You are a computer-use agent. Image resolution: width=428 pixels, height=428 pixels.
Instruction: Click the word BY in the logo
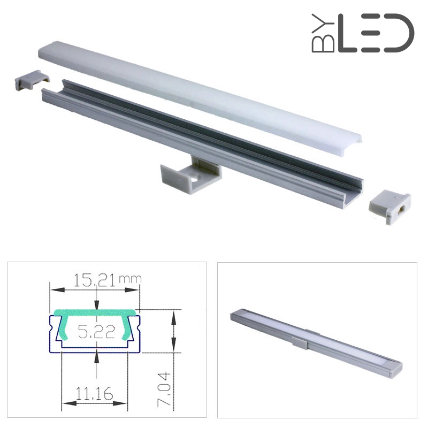(323, 33)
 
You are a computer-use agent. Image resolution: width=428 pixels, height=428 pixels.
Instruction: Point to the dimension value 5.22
(96, 332)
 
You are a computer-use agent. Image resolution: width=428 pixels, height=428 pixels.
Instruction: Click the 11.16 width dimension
(94, 393)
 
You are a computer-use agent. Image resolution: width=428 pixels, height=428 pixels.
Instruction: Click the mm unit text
(130, 279)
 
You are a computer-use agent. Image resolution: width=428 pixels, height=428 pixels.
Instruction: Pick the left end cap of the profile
(32, 80)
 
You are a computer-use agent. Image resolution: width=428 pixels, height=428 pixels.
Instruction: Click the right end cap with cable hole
(390, 207)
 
